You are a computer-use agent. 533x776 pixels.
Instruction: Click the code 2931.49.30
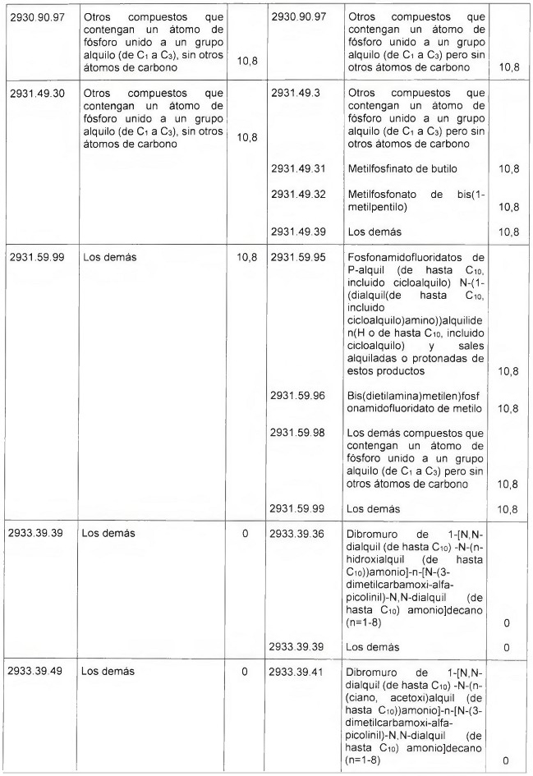(x=37, y=93)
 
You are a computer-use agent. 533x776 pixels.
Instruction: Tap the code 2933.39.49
(x=37, y=672)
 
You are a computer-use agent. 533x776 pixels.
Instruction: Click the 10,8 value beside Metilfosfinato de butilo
(x=508, y=168)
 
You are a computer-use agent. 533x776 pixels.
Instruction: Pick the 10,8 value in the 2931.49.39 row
(x=508, y=231)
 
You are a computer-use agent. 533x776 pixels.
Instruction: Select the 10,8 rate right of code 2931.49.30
(x=245, y=137)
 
